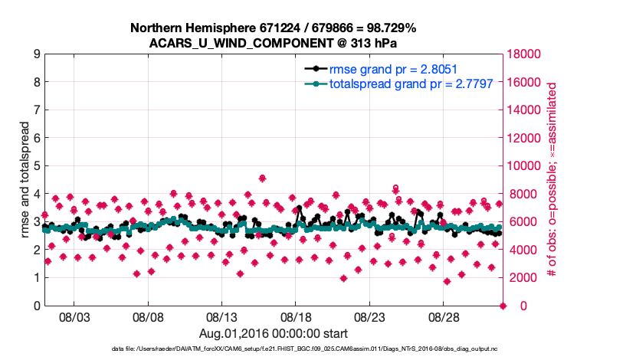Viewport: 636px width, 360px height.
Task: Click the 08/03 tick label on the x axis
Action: (74, 316)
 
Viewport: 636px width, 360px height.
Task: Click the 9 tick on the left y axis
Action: (37, 54)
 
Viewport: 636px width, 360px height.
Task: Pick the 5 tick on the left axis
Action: (37, 166)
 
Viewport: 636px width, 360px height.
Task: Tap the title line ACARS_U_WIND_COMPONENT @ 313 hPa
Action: (274, 43)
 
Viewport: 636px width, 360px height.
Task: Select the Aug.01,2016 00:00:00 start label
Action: (274, 333)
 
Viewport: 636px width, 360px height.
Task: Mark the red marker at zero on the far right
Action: (503, 306)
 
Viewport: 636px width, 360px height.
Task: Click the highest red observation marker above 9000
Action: (262, 178)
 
